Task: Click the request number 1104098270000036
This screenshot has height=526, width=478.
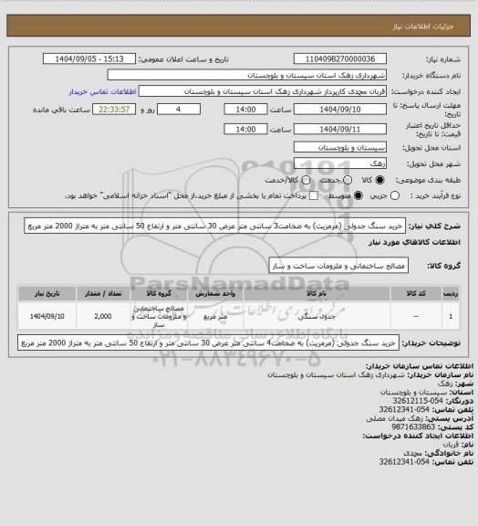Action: [349, 58]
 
